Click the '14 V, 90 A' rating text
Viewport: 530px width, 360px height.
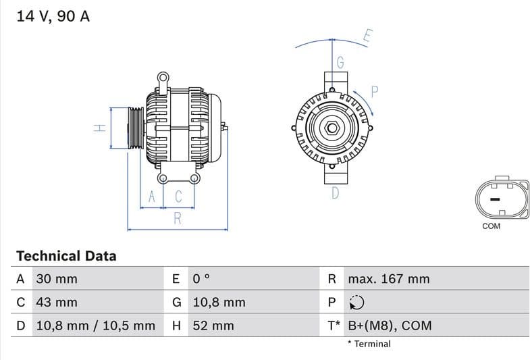click(x=53, y=17)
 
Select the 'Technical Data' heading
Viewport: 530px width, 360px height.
click(x=66, y=256)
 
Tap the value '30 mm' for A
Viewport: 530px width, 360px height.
click(x=56, y=279)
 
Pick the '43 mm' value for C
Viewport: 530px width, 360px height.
click(x=56, y=302)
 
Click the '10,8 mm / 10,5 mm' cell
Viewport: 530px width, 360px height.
click(x=95, y=326)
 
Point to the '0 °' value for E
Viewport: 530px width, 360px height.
click(x=201, y=279)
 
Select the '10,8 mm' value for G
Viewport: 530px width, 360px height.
click(x=219, y=302)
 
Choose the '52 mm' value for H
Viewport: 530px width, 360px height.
click(x=213, y=326)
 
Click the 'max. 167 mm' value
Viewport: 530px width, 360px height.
click(x=388, y=279)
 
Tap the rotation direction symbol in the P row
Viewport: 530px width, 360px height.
click(x=356, y=303)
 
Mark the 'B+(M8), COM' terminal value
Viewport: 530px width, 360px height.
click(x=389, y=326)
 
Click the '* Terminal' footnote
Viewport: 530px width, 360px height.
click(x=369, y=344)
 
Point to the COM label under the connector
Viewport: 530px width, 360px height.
click(x=491, y=226)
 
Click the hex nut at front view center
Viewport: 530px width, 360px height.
click(x=332, y=128)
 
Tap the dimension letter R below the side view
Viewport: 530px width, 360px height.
click(x=178, y=218)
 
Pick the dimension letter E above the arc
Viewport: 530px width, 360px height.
click(x=367, y=36)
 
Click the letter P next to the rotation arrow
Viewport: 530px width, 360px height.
click(x=375, y=92)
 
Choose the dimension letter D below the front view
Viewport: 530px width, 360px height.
click(x=335, y=194)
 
